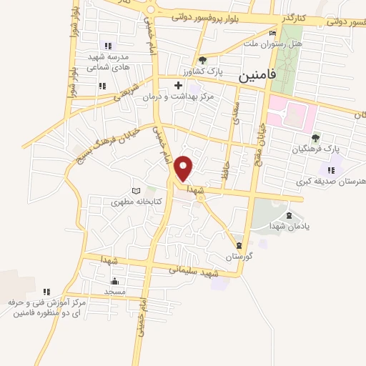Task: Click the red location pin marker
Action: pos(184,168)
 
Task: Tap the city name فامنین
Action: pos(254,73)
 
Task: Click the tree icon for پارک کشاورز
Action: pos(203,60)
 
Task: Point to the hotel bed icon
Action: pos(272,33)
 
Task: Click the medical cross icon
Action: pos(178,86)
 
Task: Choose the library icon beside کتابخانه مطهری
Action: pos(136,192)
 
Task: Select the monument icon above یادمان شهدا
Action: pos(288,215)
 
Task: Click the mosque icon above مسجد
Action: pos(115,280)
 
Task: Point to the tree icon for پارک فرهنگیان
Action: pos(315,139)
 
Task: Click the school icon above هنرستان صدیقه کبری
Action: pos(330,169)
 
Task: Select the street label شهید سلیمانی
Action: pos(193,272)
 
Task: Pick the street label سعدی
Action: pos(236,107)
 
